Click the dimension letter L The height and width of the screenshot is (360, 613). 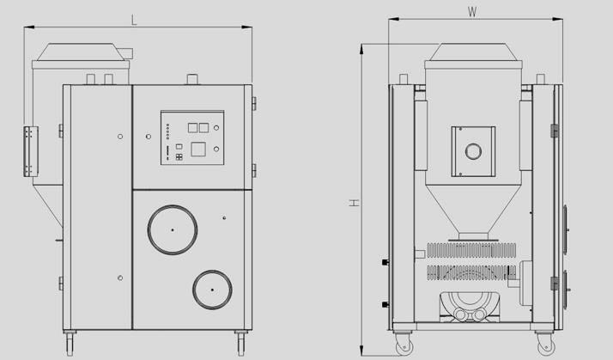point(134,20)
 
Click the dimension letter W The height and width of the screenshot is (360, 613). point(472,12)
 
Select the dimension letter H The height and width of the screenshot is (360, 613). point(355,203)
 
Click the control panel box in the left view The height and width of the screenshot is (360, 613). point(192,137)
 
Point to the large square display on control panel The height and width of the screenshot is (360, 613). point(198,149)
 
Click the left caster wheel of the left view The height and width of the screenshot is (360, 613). point(70,343)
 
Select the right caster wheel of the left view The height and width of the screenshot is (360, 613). point(240,343)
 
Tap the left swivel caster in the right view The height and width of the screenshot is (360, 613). point(404,344)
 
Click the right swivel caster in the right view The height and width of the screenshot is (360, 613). point(545,344)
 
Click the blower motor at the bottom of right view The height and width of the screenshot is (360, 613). point(470,307)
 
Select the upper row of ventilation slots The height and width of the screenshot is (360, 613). point(471,250)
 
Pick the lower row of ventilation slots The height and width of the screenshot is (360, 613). point(471,272)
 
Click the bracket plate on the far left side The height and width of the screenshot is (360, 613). point(31,151)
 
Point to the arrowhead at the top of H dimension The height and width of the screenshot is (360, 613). point(361,48)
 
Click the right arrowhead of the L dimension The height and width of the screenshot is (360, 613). point(247,27)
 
